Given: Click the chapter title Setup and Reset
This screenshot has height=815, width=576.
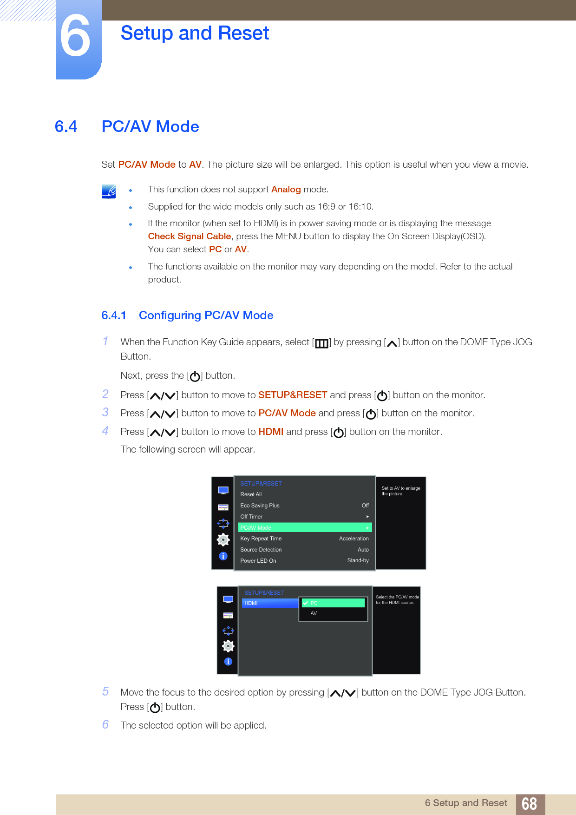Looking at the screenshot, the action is (x=195, y=33).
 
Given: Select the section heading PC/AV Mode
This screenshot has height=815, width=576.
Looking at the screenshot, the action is (x=150, y=126).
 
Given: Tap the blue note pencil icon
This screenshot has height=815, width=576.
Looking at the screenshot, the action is (x=109, y=191).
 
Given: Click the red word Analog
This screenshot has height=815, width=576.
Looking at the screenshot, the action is (x=286, y=189).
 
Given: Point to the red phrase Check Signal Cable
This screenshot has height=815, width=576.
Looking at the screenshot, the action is (x=189, y=236).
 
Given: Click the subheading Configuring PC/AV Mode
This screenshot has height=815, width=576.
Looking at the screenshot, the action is (x=206, y=315).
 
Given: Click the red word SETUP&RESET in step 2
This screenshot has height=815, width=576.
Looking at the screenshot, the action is (x=293, y=395).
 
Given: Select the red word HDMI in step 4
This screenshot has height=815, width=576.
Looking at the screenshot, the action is (x=271, y=432).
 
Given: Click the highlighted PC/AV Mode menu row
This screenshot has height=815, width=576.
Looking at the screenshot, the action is (x=305, y=527).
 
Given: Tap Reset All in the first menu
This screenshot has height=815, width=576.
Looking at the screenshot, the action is (x=251, y=494).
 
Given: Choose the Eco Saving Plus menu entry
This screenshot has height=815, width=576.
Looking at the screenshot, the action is (x=260, y=506).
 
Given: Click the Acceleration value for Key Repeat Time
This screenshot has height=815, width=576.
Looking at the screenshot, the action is (x=353, y=539).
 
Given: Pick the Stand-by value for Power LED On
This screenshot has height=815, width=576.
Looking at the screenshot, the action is (x=358, y=560).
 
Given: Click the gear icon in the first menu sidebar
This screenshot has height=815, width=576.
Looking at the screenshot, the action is (x=223, y=539).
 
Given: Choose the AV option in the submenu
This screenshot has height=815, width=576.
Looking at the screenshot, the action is (x=314, y=613).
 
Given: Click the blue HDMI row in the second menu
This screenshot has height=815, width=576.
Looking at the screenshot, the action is (x=270, y=603).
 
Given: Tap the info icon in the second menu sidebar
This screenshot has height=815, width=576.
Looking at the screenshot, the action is (x=228, y=661).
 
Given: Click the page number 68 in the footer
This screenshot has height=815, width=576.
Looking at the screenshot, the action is (x=529, y=804).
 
